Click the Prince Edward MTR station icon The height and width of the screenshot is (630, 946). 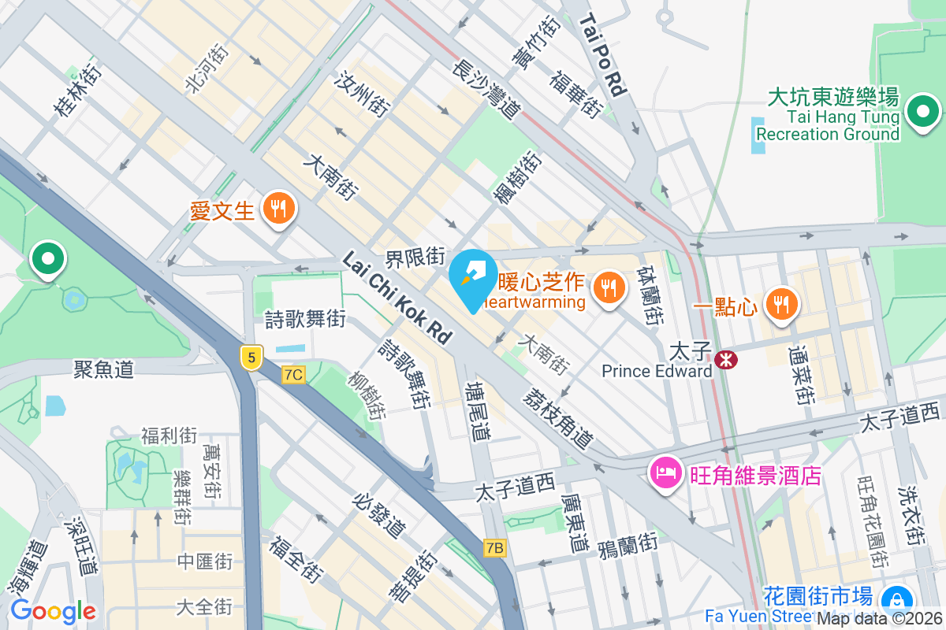[x=725, y=360]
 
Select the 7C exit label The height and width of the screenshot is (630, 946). [x=293, y=375]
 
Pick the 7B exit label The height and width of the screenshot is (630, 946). [x=495, y=548]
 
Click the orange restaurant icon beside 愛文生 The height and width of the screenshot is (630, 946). [x=277, y=209]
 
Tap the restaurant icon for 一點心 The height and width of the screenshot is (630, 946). [x=781, y=303]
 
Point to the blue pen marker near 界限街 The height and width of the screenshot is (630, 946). [x=472, y=279]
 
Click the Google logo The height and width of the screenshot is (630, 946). [x=53, y=611]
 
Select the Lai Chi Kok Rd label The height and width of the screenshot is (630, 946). [x=398, y=298]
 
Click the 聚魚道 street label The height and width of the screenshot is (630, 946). [x=104, y=369]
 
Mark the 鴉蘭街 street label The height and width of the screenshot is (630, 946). [x=628, y=544]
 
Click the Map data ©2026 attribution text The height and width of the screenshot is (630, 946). [x=880, y=619]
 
